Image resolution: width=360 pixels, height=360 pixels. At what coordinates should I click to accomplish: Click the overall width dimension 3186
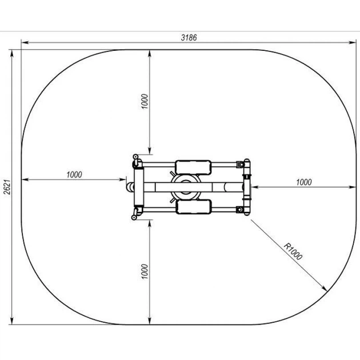pos(189,37)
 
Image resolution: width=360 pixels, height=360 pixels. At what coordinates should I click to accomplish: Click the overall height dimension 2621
pos(7,187)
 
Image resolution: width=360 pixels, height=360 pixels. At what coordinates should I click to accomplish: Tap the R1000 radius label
pos(293,251)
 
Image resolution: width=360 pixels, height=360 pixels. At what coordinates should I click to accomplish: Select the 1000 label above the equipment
pos(145,101)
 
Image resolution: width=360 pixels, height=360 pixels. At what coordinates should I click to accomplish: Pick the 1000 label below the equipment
pos(145,271)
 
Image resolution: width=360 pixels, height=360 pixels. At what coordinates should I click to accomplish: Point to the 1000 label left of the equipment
pos(74,175)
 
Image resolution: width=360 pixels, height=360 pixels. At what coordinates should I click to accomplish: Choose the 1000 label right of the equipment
pos(304,182)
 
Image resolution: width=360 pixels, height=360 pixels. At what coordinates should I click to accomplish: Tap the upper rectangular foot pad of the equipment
pos(193,167)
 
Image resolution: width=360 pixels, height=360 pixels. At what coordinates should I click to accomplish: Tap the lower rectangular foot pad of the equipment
pos(193,207)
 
